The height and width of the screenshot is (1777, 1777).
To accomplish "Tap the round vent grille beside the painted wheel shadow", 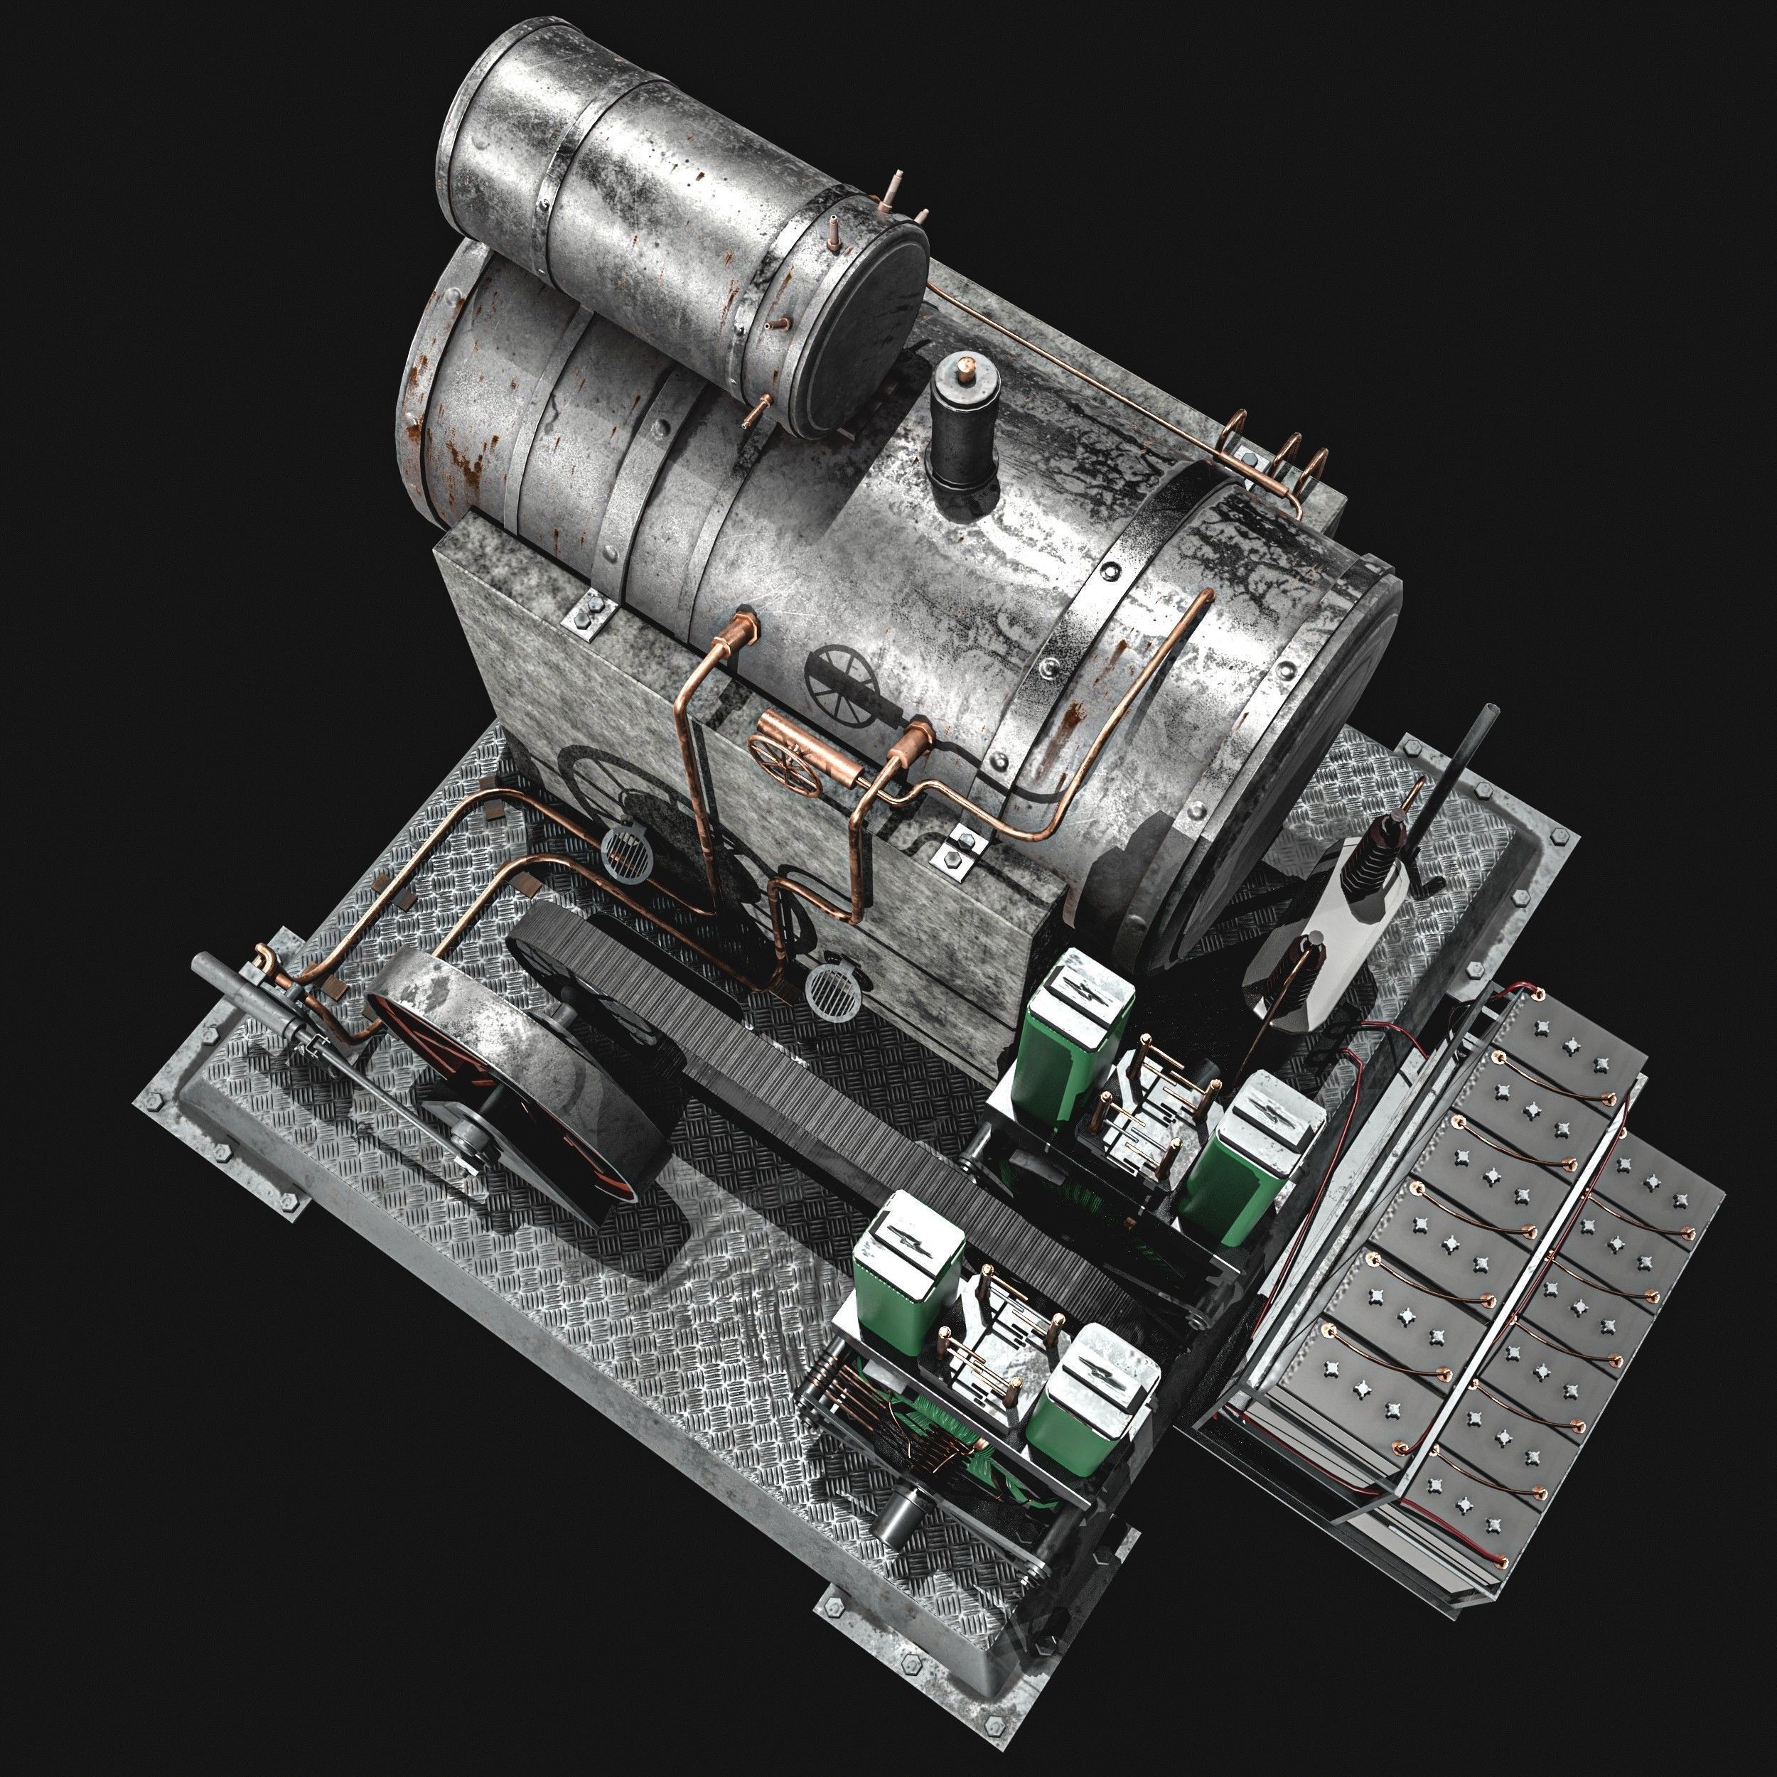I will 626,848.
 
